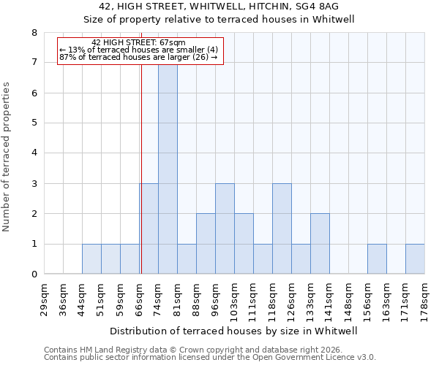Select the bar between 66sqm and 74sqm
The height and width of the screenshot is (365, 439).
(x=149, y=228)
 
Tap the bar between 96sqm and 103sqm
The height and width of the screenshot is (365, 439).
(x=225, y=228)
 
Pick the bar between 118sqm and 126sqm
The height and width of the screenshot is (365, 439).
(x=282, y=228)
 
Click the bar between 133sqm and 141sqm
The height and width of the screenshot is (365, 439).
(x=320, y=244)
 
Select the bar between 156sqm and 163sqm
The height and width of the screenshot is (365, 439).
(x=377, y=259)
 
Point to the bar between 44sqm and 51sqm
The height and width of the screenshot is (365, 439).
(x=91, y=259)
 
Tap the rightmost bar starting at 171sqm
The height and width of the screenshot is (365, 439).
(x=415, y=259)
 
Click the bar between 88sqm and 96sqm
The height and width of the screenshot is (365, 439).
(x=206, y=244)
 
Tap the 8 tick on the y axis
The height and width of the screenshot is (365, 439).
(x=34, y=33)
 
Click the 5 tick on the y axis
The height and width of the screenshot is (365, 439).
(x=34, y=123)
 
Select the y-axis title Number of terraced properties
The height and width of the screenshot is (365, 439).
(x=7, y=156)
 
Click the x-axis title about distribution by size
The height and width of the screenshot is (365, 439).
(x=234, y=331)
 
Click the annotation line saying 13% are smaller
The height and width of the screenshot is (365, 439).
(x=139, y=50)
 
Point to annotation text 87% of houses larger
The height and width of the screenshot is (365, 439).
(x=139, y=57)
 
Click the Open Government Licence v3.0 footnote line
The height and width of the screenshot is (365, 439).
(x=210, y=358)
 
